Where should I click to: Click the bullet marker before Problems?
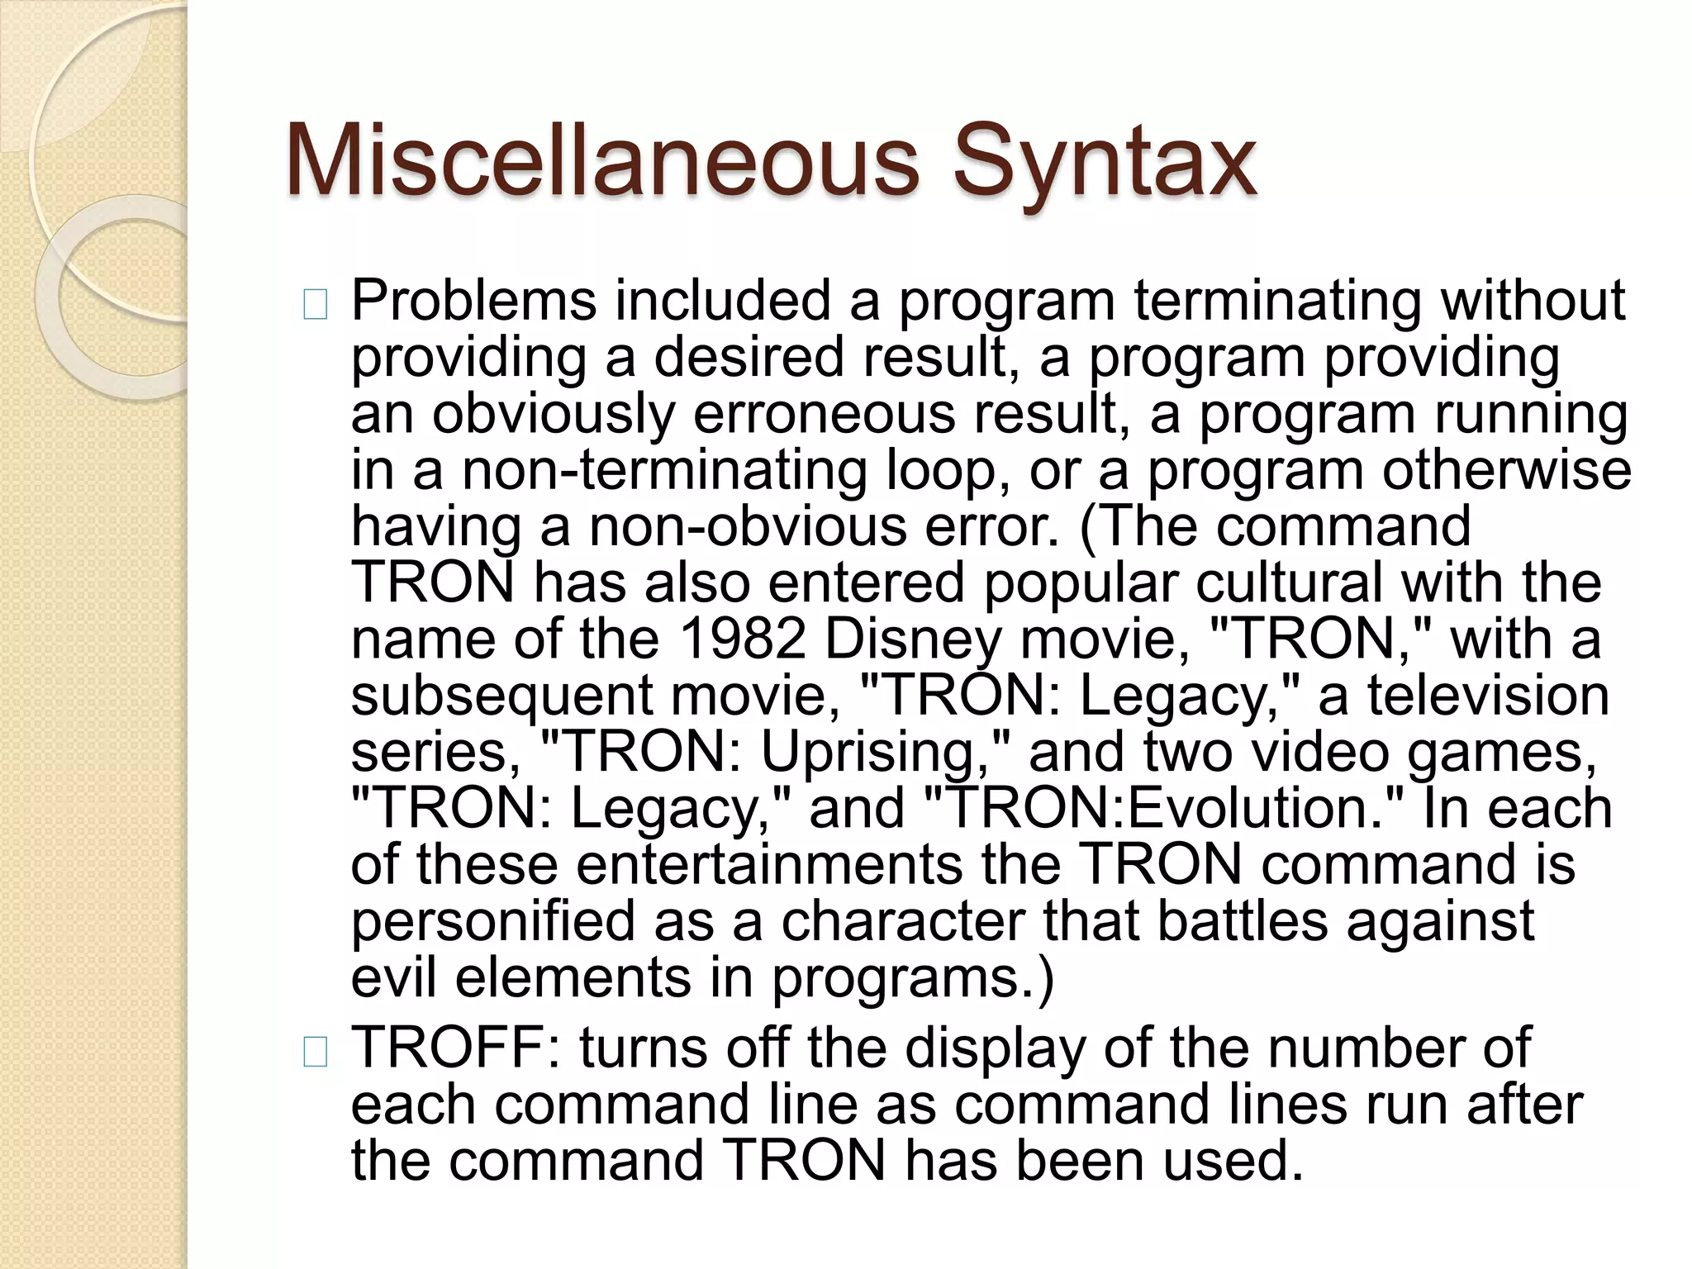click(x=315, y=306)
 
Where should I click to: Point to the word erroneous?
click(x=824, y=414)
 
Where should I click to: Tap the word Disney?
click(x=913, y=640)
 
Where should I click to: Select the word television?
click(x=1488, y=696)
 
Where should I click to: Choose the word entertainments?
click(x=769, y=864)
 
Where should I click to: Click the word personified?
click(x=493, y=921)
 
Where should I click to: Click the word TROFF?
click(x=454, y=1048)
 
